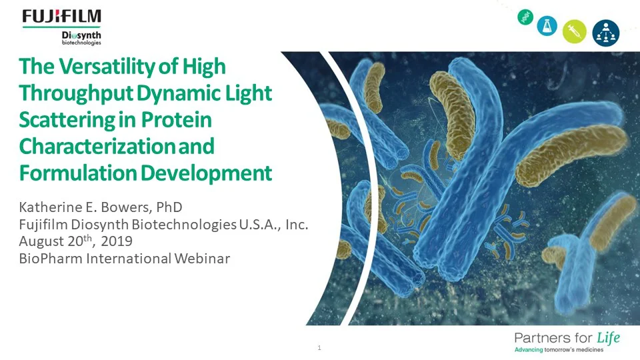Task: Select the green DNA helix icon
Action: [525, 19]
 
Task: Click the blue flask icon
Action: [547, 26]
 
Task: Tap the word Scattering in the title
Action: [67, 120]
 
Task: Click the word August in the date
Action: [41, 241]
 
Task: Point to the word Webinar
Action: [202, 259]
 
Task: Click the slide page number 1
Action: [320, 347]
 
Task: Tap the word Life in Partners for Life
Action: [605, 337]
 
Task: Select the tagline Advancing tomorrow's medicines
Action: [558, 350]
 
